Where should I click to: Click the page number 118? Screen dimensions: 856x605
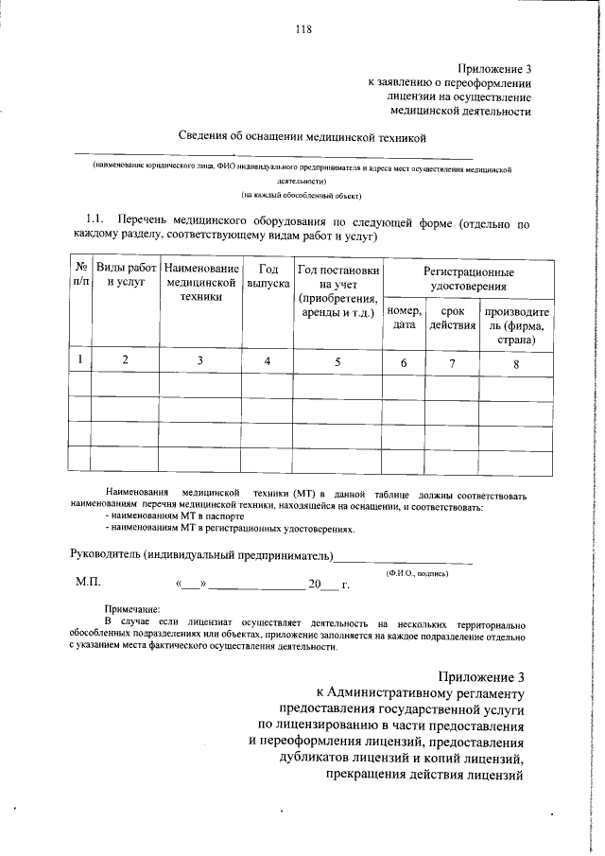click(302, 28)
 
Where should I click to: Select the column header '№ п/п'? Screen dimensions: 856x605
click(80, 277)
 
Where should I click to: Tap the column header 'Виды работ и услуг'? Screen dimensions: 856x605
click(126, 277)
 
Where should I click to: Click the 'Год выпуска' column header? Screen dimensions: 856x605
click(268, 277)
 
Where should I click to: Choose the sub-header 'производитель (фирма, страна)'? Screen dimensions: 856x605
click(515, 325)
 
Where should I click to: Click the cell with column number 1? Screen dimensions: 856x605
click(80, 359)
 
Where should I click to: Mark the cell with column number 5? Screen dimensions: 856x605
click(338, 360)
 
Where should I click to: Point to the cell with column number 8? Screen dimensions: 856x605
click(516, 361)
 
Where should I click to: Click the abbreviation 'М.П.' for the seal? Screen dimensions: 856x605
click(88, 583)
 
